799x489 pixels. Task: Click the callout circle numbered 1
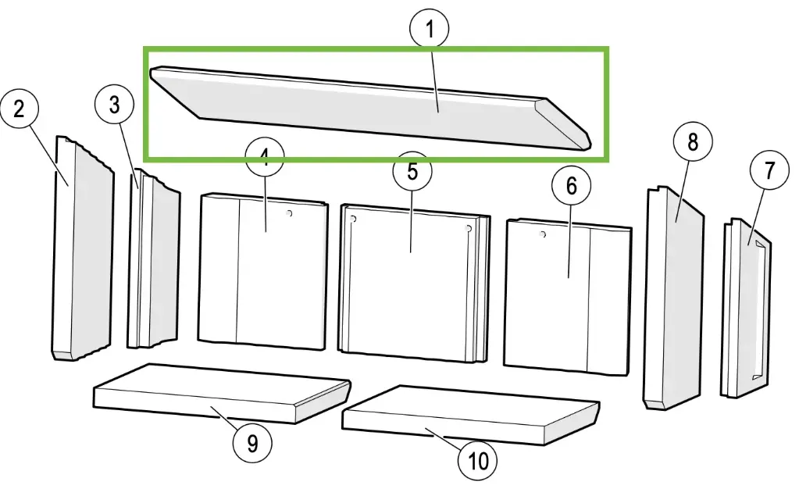(429, 30)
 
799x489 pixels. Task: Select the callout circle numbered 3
(114, 105)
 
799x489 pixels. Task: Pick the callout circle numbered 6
(571, 186)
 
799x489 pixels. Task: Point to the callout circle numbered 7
(770, 171)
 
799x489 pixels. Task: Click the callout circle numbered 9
(252, 443)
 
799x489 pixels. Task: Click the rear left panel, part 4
(266, 273)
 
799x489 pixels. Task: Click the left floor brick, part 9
(219, 391)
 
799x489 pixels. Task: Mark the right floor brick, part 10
(469, 414)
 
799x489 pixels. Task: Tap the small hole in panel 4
(290, 213)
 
